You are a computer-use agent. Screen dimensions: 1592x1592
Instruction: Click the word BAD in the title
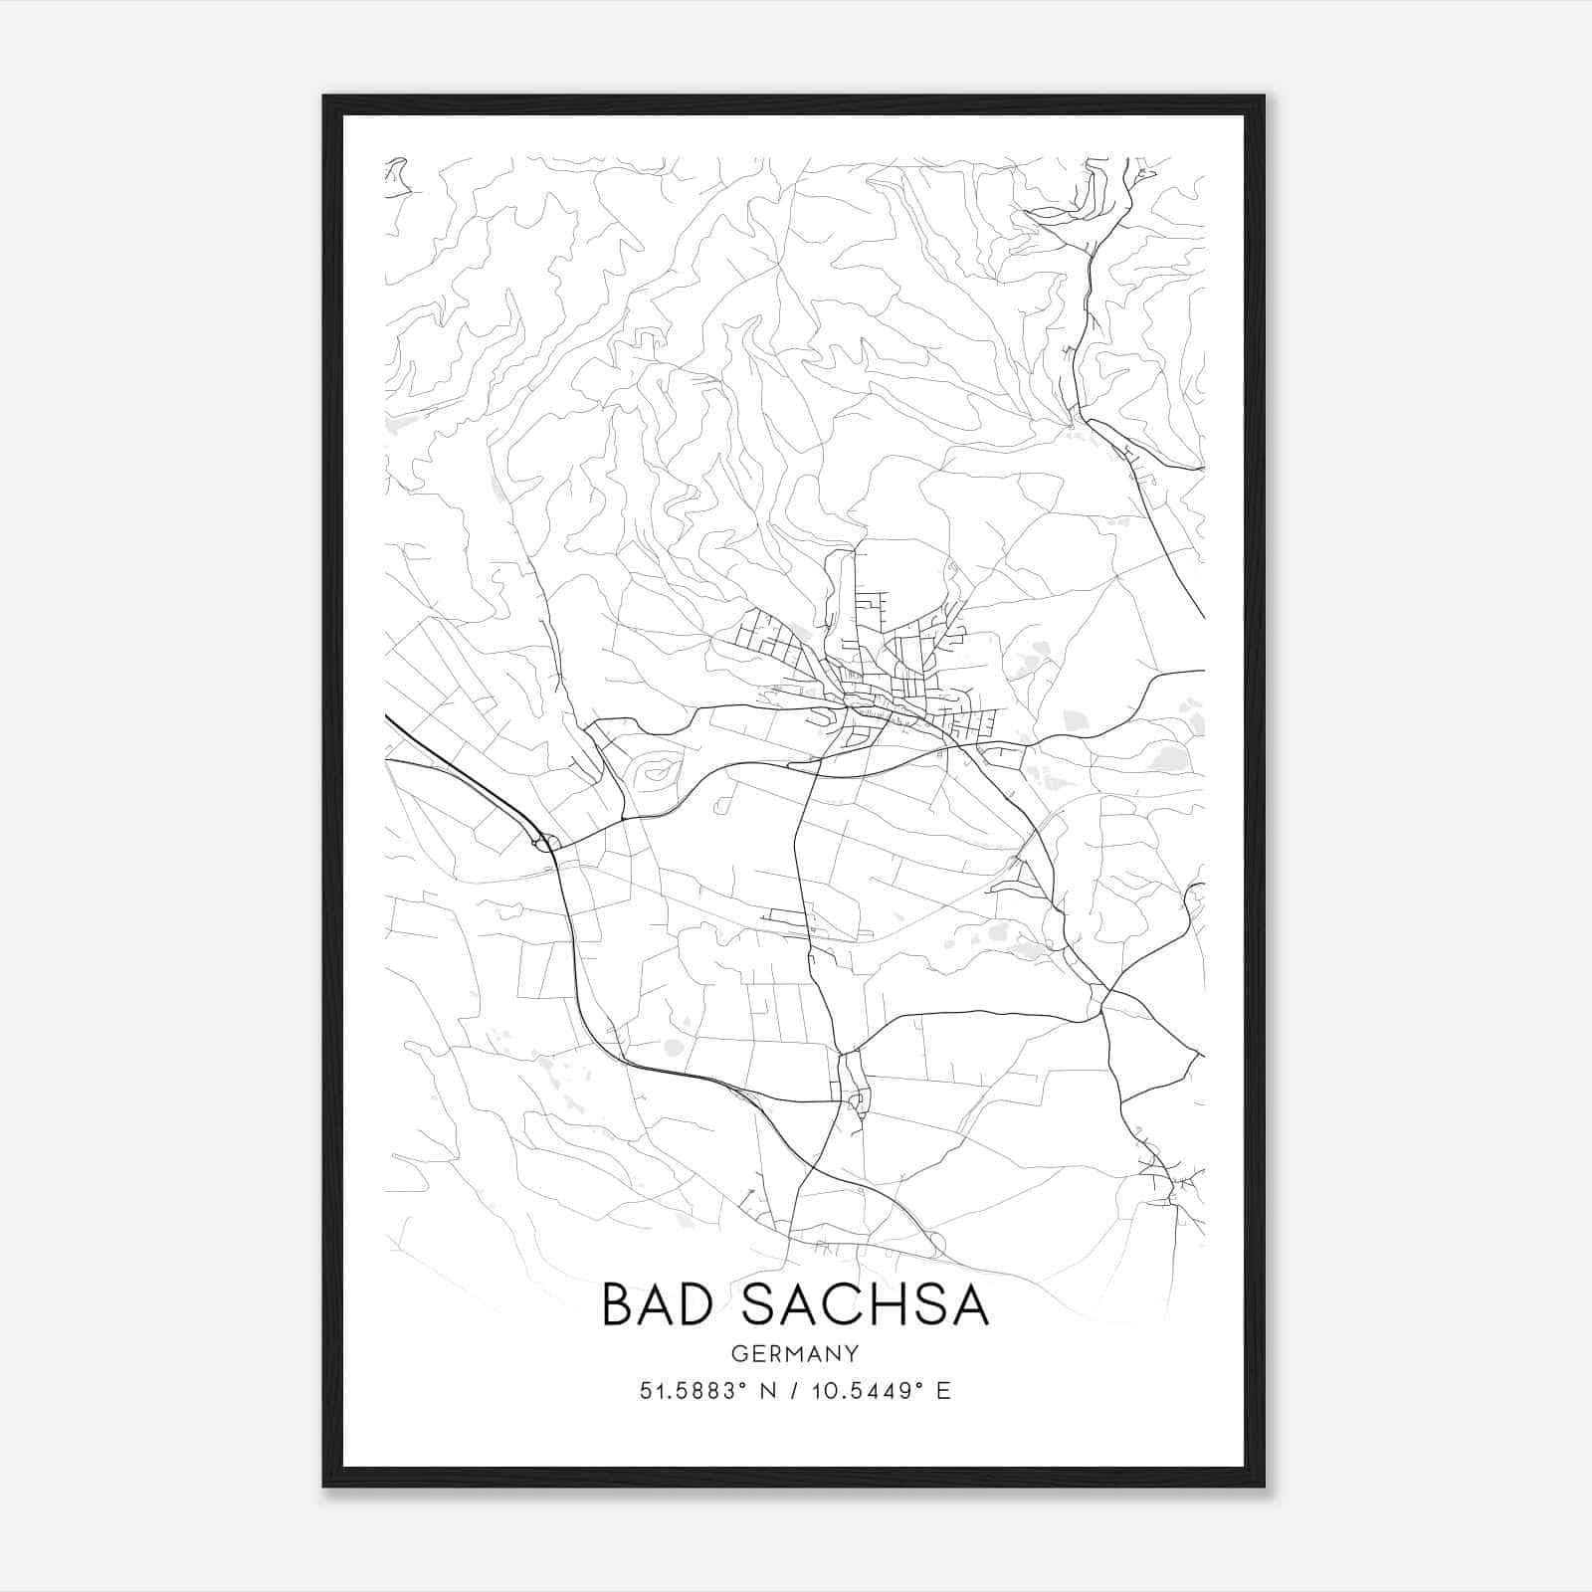point(662,1305)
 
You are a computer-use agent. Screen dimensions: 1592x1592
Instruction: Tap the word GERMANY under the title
point(795,1353)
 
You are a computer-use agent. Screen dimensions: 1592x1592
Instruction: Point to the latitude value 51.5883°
point(694,1391)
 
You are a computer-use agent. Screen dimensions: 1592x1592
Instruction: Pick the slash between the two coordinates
point(795,1391)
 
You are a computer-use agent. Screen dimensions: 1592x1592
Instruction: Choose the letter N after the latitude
point(768,1391)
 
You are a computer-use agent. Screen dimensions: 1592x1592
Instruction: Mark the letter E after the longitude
point(943,1391)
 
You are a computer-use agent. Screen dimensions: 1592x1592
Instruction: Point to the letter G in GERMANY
point(737,1353)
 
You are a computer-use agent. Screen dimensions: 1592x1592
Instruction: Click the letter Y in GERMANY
point(853,1353)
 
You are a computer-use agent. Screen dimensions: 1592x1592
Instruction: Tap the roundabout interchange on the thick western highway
point(543,844)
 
